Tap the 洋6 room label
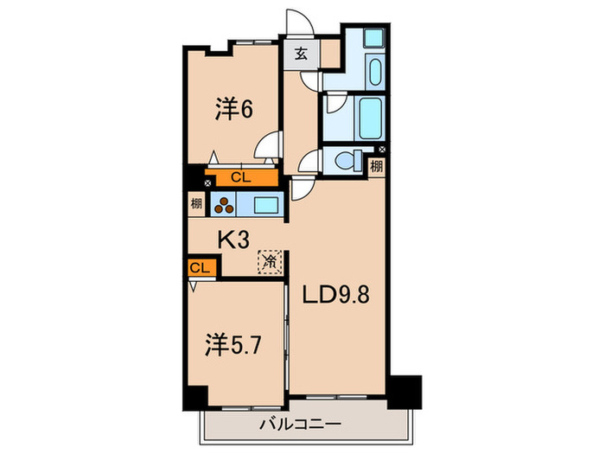234,109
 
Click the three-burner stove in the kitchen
226,206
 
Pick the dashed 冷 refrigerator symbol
270,259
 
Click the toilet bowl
351,160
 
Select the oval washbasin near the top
374,68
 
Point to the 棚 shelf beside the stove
197,206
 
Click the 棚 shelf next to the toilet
377,165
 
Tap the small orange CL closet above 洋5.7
200,268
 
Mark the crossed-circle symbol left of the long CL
207,182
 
